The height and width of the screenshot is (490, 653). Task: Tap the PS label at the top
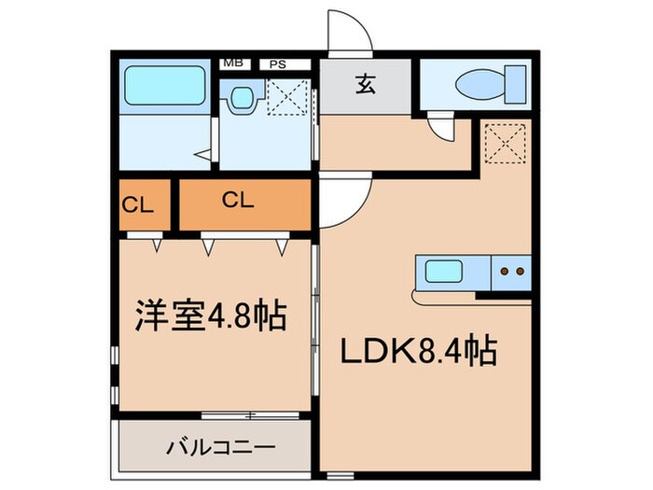click(x=277, y=64)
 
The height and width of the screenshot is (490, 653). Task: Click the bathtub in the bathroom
click(x=159, y=85)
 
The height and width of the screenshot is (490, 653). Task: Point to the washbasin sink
click(x=244, y=96)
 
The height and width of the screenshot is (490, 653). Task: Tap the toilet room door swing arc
click(x=442, y=127)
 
